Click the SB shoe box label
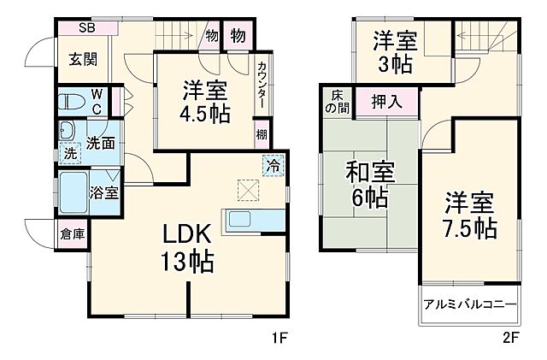87,28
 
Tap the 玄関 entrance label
84,59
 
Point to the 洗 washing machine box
70,154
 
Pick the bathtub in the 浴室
73,190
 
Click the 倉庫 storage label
72,233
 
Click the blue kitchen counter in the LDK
253,220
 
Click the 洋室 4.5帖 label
205,102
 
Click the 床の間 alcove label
335,103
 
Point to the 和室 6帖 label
369,185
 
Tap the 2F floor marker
509,338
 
